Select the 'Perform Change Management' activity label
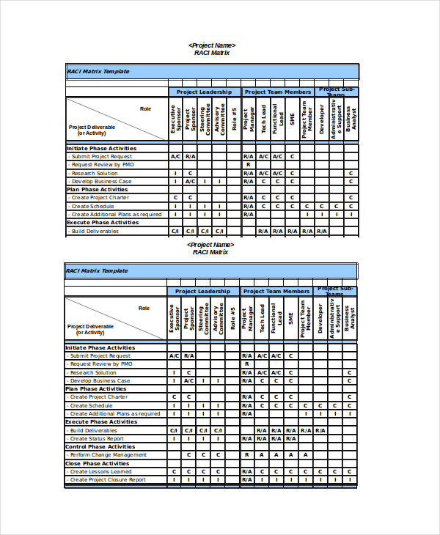(x=108, y=455)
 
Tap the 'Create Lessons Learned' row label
(x=100, y=472)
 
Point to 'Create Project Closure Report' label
(x=108, y=480)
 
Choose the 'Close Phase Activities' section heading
(x=93, y=463)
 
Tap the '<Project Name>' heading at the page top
(x=211, y=45)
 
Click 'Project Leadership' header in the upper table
(x=204, y=92)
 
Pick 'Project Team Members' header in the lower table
(x=276, y=292)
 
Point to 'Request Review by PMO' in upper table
(x=102, y=165)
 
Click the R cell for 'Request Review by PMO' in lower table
(x=247, y=364)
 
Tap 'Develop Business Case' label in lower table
(x=100, y=381)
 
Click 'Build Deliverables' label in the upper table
(x=95, y=232)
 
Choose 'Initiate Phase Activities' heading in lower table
(x=101, y=348)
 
